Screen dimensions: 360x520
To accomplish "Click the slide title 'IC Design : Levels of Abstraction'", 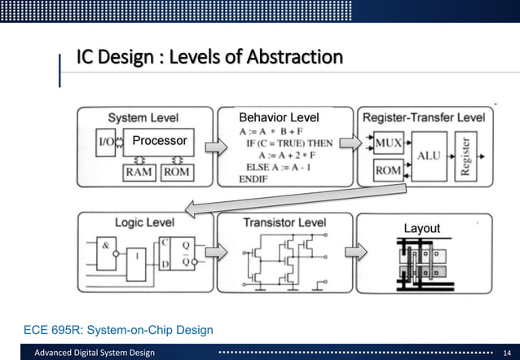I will click(x=209, y=58).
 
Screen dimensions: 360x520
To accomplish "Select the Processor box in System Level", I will click(x=159, y=141).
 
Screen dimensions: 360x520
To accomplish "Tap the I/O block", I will click(x=106, y=142).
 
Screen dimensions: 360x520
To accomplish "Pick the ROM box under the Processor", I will click(x=177, y=172).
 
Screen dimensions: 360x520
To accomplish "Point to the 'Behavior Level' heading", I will click(x=278, y=117).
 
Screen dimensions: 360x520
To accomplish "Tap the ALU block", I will click(x=429, y=155).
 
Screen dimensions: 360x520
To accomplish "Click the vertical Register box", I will click(x=466, y=156).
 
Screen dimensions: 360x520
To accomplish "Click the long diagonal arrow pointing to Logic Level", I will click(x=293, y=199).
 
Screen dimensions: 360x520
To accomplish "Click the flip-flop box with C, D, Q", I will click(x=177, y=253).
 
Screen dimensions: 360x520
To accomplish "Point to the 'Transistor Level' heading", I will click(x=284, y=222).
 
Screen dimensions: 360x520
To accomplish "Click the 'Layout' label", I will click(x=422, y=229).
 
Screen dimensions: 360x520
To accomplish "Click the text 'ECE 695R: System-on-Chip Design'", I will click(x=119, y=329).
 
